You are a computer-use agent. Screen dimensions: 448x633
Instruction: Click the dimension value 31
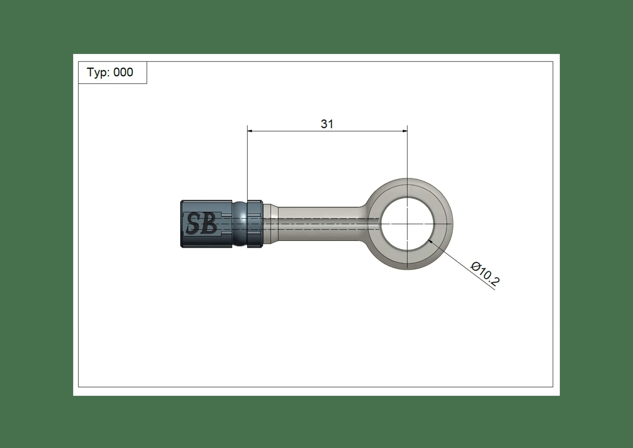pos(327,124)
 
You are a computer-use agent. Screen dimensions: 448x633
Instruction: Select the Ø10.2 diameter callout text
pos(485,274)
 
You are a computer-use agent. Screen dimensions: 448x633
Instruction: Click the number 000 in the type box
pos(123,72)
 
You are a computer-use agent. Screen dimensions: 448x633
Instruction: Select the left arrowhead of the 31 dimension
pos(250,131)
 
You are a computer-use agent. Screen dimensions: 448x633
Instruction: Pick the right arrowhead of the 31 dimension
pos(405,131)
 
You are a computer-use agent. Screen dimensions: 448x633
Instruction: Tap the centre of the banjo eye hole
pos(407,224)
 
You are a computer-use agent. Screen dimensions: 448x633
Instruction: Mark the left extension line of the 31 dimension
pos(248,165)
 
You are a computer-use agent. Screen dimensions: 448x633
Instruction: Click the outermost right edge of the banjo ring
pos(452,224)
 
